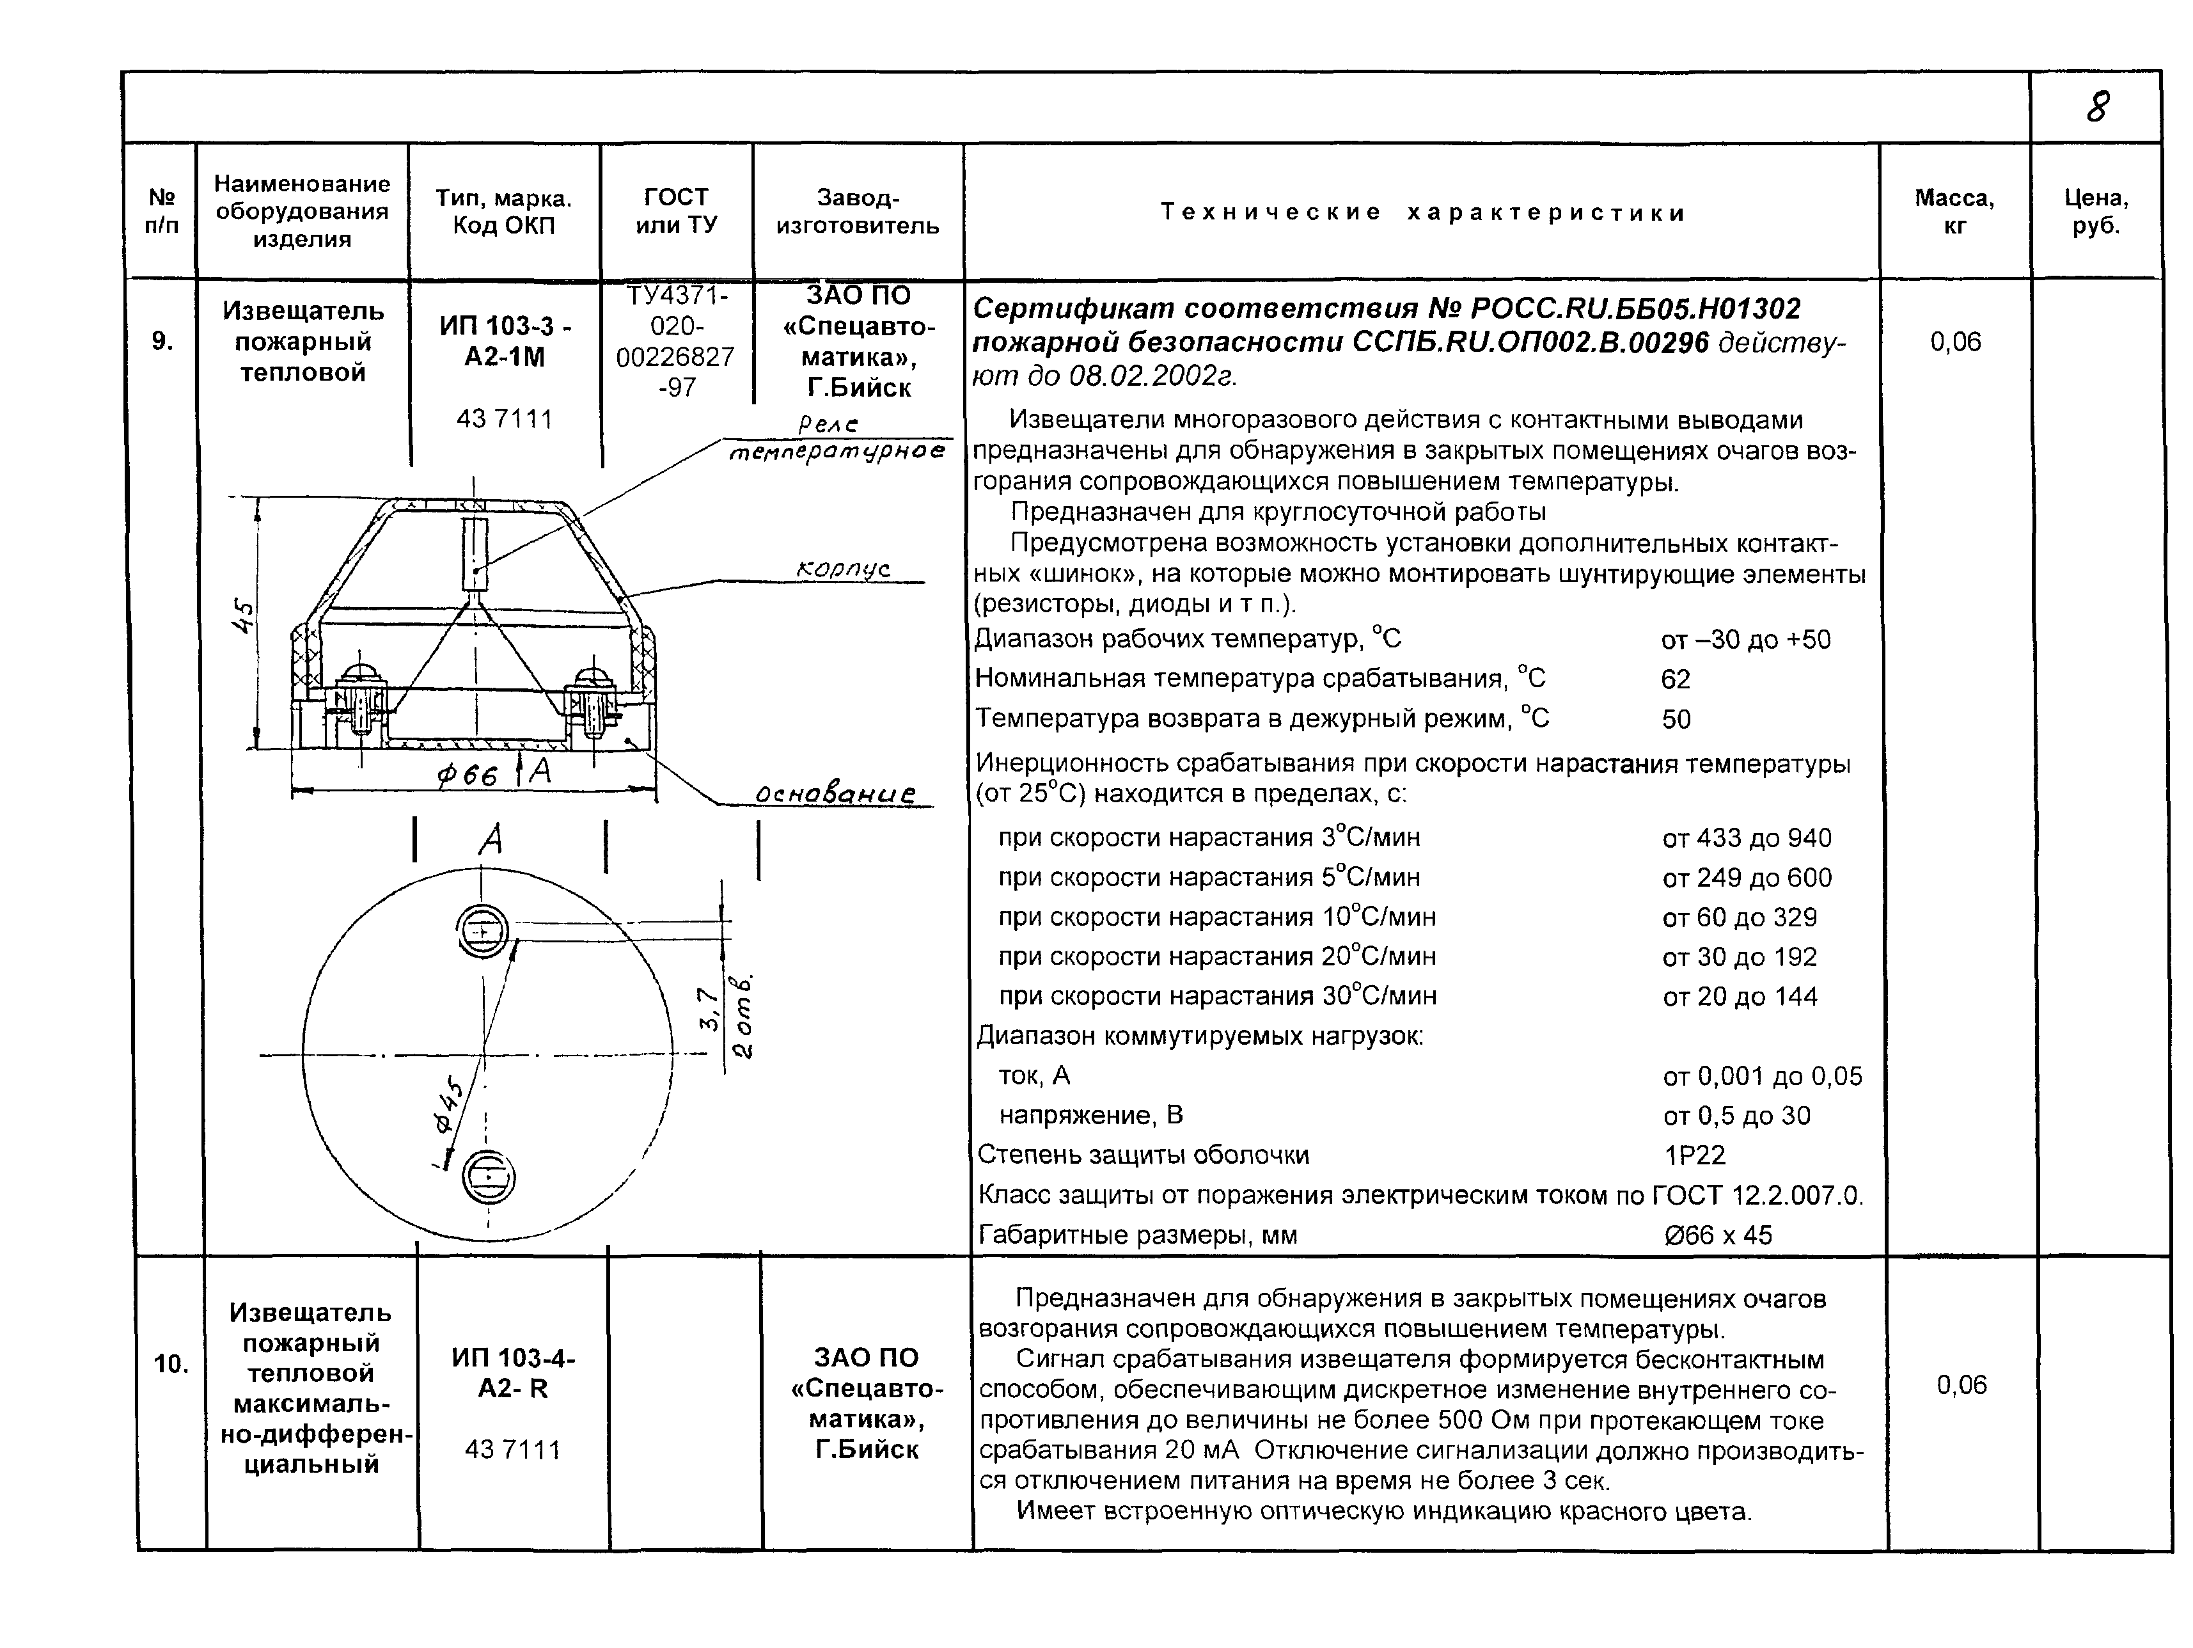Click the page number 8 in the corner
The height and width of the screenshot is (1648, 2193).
pos(2098,106)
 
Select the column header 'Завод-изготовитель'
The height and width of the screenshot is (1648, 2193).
pos(858,211)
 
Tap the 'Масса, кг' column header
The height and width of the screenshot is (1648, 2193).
pos(1954,211)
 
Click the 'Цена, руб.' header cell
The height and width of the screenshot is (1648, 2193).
pos(2096,211)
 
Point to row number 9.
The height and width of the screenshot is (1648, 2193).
pos(162,342)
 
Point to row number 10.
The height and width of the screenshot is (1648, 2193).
pos(171,1365)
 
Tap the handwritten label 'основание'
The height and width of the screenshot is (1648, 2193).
pos(835,795)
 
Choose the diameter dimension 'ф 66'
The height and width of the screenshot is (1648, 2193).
pos(467,775)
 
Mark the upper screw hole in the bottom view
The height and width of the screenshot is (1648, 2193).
pos(483,932)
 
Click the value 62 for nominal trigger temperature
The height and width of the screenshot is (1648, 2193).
pos(1676,679)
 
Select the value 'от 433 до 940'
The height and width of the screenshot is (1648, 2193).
pos(1747,838)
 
